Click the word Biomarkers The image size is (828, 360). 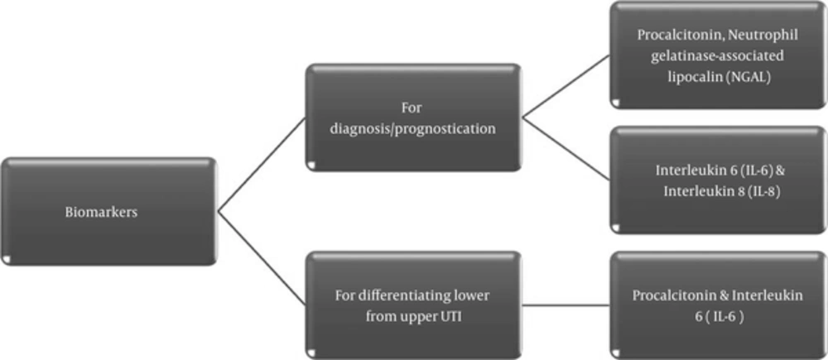point(101,213)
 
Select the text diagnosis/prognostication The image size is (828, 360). point(413,129)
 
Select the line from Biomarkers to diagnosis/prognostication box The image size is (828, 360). point(262,165)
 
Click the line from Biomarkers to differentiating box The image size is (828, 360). point(262,259)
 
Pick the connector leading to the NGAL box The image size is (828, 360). point(566,86)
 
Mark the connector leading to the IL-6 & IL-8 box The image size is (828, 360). point(566,149)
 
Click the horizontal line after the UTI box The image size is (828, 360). point(566,305)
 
